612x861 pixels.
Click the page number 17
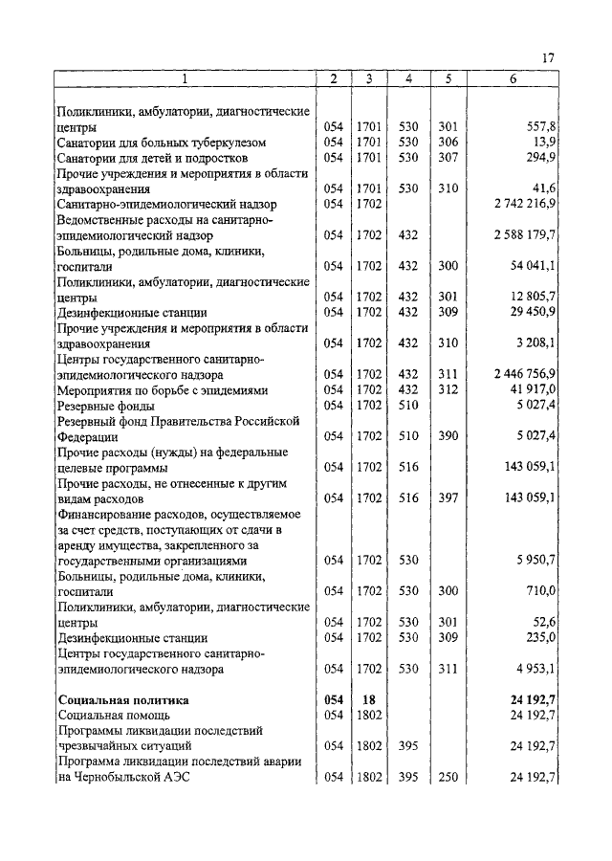(548, 58)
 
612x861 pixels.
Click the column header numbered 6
(513, 78)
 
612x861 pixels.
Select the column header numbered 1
(185, 78)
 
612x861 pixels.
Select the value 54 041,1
(534, 265)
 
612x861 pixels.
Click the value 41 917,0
(534, 389)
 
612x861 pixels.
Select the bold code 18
(368, 700)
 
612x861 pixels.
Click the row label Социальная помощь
(114, 716)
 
